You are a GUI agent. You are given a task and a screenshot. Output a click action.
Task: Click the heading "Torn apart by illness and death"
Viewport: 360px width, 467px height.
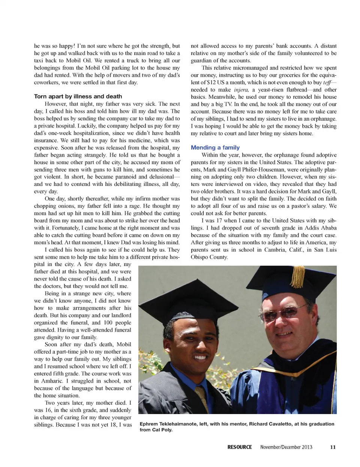click(x=78, y=96)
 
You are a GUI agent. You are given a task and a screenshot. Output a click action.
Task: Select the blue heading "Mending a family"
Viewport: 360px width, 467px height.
click(x=215, y=148)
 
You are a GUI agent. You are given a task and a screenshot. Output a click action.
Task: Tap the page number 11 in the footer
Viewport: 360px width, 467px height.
click(x=333, y=447)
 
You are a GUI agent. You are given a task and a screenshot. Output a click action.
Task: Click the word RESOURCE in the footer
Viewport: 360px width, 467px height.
click(x=240, y=447)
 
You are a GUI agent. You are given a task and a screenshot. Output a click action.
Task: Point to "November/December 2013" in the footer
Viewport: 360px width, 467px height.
click(x=286, y=447)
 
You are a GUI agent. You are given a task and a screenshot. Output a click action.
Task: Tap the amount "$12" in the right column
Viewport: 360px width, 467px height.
click(x=213, y=83)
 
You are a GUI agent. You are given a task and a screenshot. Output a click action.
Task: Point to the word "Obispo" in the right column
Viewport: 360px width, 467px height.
click(x=201, y=257)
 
